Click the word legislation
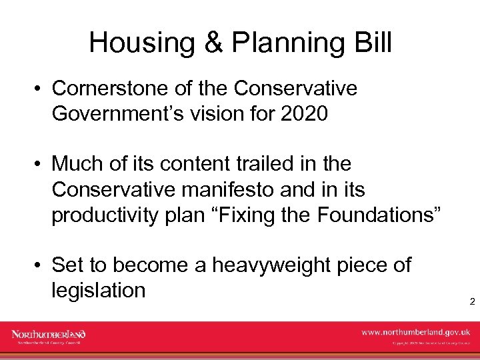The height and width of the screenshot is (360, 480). tap(98, 291)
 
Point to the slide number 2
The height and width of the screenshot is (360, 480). tap(471, 302)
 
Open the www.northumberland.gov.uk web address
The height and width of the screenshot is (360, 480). tap(415, 332)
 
